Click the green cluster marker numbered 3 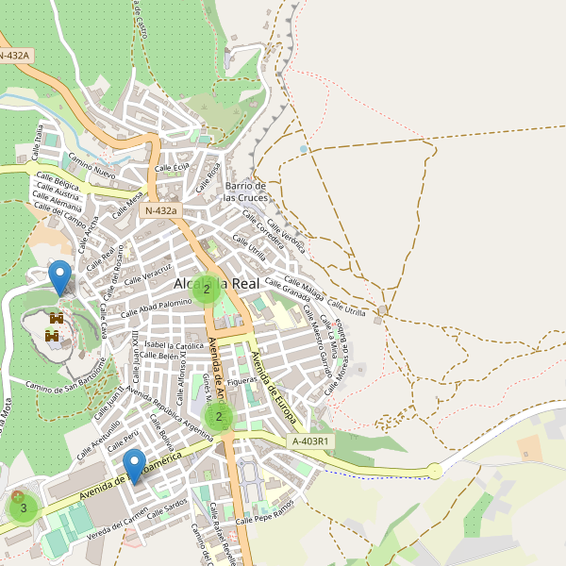pyautogui.click(x=23, y=508)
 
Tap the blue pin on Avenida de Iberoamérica pyautogui.click(x=135, y=466)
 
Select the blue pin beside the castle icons pyautogui.click(x=60, y=277)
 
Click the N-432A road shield pyautogui.click(x=15, y=56)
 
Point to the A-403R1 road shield pyautogui.click(x=311, y=440)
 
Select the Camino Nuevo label pyautogui.click(x=92, y=170)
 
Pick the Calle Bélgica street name pyautogui.click(x=58, y=180)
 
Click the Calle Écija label pyautogui.click(x=172, y=168)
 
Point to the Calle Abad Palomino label pyautogui.click(x=157, y=304)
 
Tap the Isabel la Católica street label pyautogui.click(x=174, y=346)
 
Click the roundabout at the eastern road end pyautogui.click(x=434, y=470)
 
